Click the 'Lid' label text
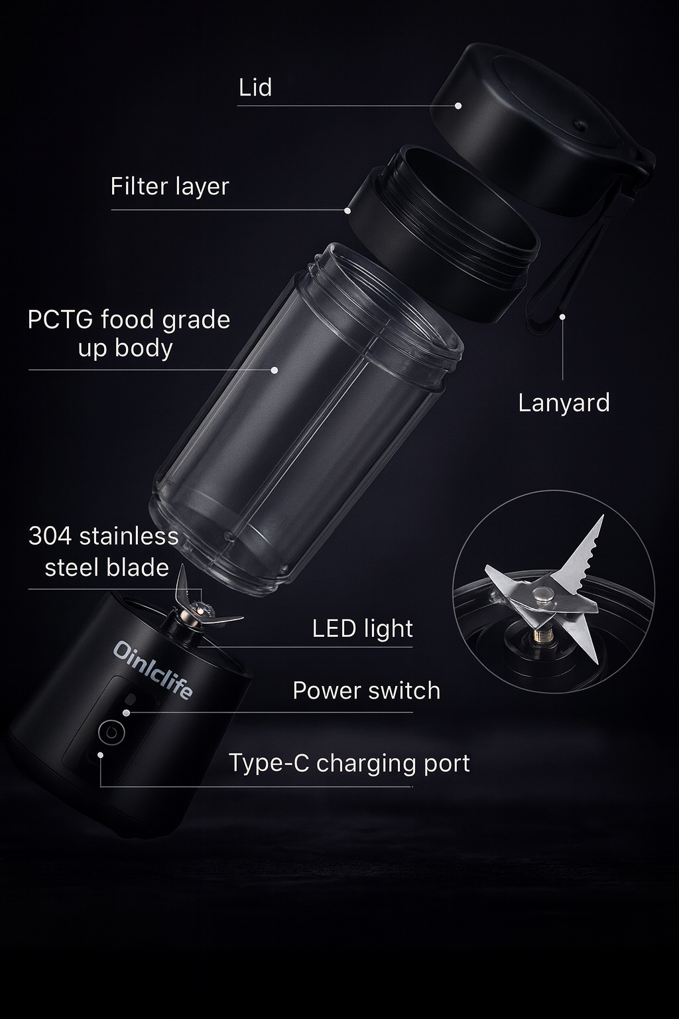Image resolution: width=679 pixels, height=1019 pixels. [255, 87]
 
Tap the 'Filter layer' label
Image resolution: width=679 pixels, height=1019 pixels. [170, 187]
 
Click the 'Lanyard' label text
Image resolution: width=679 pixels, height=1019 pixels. [564, 403]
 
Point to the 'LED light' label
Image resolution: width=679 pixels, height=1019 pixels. [363, 629]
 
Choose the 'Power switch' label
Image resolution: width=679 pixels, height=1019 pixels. [367, 691]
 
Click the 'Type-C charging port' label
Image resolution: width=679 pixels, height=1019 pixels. [349, 763]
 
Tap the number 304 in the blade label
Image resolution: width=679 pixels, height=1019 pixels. [50, 536]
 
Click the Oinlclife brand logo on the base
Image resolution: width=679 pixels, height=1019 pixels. [153, 670]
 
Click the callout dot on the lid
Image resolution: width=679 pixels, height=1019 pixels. [458, 105]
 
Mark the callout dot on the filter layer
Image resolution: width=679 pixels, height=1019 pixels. [347, 210]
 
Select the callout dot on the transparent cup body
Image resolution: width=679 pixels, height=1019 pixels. [275, 370]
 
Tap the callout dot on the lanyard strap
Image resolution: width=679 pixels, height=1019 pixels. [562, 316]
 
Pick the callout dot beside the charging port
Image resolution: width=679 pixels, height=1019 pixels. [100, 755]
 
